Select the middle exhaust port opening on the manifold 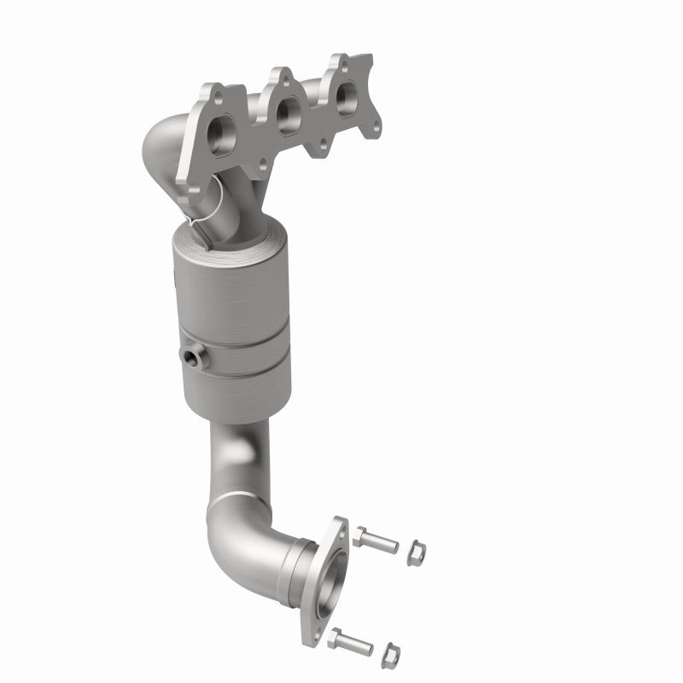pos(288,111)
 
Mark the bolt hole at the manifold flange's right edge pos(372,131)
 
